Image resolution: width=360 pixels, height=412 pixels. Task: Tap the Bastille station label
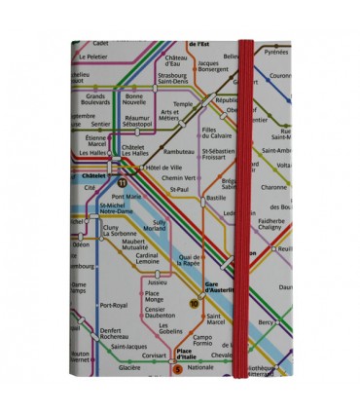tap(215, 198)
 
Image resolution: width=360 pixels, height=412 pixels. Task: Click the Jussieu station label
tap(157, 282)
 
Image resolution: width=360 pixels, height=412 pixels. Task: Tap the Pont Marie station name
tap(126, 196)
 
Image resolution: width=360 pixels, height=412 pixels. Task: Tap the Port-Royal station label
tap(115, 305)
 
